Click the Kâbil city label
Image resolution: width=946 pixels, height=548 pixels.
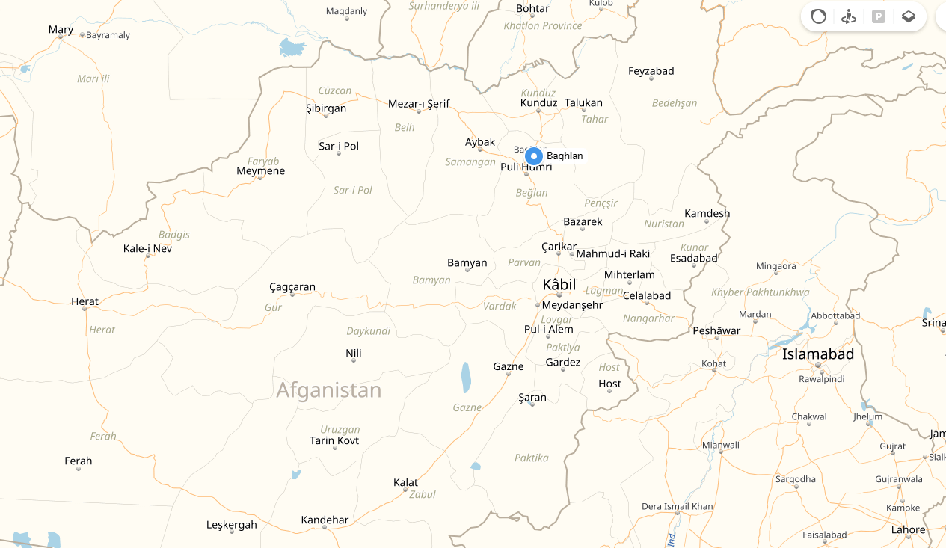(x=559, y=284)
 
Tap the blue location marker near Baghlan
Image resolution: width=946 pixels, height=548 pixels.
(x=533, y=156)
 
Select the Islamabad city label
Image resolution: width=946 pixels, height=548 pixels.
(x=817, y=354)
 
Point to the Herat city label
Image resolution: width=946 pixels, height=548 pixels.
(x=85, y=301)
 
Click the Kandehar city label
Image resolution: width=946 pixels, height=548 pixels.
(x=325, y=520)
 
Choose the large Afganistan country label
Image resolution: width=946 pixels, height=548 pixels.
(x=328, y=390)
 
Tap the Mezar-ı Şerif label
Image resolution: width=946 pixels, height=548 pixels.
(x=419, y=104)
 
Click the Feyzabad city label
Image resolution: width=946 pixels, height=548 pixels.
(x=651, y=71)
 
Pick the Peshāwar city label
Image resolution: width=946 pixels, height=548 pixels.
(x=716, y=330)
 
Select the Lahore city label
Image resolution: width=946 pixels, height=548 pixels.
(x=908, y=529)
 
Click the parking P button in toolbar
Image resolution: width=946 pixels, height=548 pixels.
(x=878, y=16)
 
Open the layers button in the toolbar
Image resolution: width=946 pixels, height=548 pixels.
(x=908, y=16)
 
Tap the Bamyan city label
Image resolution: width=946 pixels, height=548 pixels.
(x=467, y=262)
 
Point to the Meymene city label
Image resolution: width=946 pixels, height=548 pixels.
(x=260, y=170)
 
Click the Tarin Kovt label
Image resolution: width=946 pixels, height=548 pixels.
(x=334, y=440)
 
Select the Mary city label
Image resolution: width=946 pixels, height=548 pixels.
(x=61, y=30)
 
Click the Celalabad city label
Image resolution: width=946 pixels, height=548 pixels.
(x=646, y=295)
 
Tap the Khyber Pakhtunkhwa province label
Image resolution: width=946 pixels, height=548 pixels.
(x=760, y=292)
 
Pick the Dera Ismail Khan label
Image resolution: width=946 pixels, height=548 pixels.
(x=677, y=506)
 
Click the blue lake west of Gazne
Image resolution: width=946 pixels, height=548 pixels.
(x=466, y=378)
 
